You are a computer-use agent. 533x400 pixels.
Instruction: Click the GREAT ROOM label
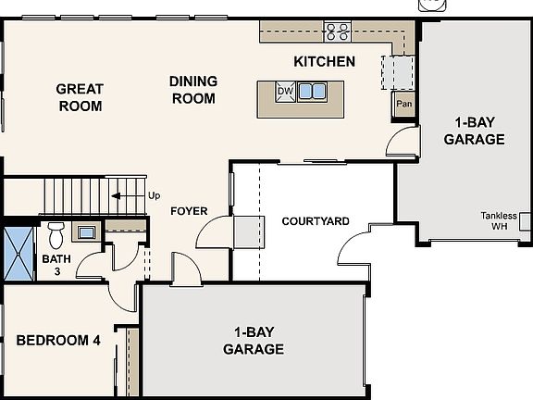pyautogui.click(x=80, y=97)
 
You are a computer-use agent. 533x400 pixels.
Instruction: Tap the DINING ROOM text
pyautogui.click(x=192, y=90)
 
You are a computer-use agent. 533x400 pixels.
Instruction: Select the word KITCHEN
pyautogui.click(x=324, y=62)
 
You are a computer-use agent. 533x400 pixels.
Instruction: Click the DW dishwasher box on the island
pyautogui.click(x=285, y=92)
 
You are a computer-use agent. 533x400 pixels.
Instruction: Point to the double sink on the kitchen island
pyautogui.click(x=313, y=92)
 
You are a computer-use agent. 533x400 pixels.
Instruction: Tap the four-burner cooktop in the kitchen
pyautogui.click(x=337, y=31)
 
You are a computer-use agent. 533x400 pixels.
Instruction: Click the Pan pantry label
pyautogui.click(x=403, y=104)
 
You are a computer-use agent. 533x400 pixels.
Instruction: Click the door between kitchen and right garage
pyautogui.click(x=402, y=142)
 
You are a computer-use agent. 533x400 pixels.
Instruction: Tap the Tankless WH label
pyautogui.click(x=499, y=220)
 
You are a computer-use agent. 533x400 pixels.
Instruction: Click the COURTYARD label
pyautogui.click(x=315, y=221)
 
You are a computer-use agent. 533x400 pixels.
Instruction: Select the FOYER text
pyautogui.click(x=189, y=211)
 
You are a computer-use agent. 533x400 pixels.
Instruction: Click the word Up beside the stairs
pyautogui.click(x=154, y=196)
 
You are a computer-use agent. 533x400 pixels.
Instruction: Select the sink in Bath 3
pyautogui.click(x=86, y=231)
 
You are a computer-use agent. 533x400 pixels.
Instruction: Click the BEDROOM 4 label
pyautogui.click(x=57, y=340)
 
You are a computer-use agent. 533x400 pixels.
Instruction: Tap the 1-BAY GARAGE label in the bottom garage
pyautogui.click(x=253, y=341)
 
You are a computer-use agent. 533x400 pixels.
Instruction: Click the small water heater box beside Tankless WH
pyautogui.click(x=525, y=221)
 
